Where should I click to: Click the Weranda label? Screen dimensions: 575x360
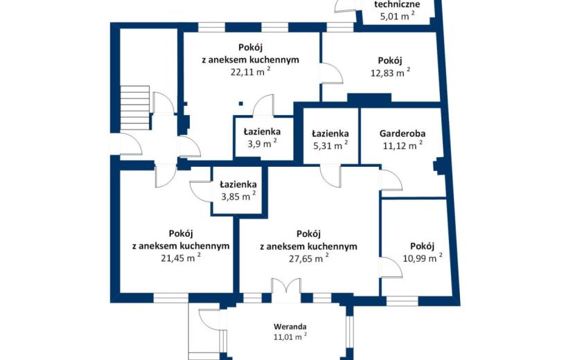pos(290,326)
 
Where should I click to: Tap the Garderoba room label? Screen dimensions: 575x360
pos(402,133)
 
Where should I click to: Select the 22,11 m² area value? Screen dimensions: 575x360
pos(251,71)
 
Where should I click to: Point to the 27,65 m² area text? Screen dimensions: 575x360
pos(308,258)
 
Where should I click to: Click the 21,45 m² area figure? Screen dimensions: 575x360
pos(181,258)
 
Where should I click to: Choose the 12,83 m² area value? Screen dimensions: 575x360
pos(390,72)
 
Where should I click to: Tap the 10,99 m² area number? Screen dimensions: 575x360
pos(423,258)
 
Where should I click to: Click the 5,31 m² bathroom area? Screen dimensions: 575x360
pos(330,145)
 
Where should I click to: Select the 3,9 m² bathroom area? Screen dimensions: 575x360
pos(262,143)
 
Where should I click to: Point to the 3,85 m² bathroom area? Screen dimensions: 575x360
pos(238,196)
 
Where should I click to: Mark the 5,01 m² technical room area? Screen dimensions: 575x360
pos(398,16)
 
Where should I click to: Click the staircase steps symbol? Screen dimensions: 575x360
pos(135,107)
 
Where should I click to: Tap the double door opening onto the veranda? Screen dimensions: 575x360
pos(286,290)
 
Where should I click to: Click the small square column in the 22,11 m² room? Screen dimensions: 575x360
pos(241,104)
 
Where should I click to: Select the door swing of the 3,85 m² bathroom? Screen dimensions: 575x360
pos(201,190)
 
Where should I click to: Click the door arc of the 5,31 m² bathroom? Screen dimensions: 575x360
pos(330,177)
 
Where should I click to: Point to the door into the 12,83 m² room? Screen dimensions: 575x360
pos(332,74)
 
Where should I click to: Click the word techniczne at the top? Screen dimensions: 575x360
pos(397,4)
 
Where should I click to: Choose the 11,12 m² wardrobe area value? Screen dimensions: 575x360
pos(402,145)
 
